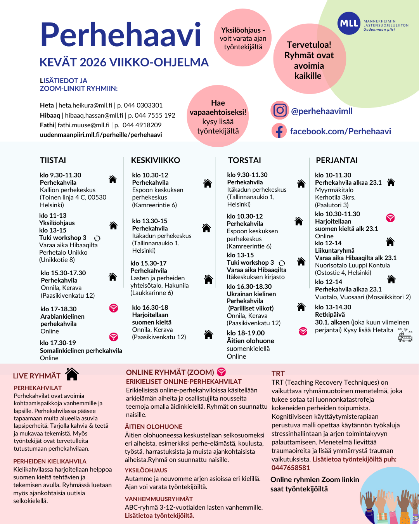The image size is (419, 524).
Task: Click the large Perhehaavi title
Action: tap(121, 35)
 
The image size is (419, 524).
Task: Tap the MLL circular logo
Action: tap(348, 24)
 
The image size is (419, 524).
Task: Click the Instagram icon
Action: tap(280, 110)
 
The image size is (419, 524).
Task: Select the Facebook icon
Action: tap(279, 131)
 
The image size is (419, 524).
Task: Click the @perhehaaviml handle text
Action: tap(322, 111)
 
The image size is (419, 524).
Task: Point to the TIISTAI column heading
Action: tap(53, 160)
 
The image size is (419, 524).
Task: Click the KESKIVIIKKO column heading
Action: tap(156, 160)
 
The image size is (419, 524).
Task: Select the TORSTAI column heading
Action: tap(244, 160)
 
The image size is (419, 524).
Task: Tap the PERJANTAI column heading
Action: tap(337, 160)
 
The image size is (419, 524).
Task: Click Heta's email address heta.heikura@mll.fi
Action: tap(86, 105)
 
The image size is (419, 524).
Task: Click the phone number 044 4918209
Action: tap(142, 125)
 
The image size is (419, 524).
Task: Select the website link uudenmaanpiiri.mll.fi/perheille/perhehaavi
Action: tap(101, 135)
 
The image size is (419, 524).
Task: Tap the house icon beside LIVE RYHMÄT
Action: tap(72, 374)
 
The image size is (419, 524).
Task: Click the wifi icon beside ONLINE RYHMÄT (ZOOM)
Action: tap(221, 372)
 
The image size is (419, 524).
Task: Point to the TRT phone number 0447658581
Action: tap(291, 468)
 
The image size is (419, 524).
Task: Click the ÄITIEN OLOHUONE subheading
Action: tap(154, 427)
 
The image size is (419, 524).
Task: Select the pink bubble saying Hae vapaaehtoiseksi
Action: tap(218, 116)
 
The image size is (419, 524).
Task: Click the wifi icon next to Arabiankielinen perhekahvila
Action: tap(113, 308)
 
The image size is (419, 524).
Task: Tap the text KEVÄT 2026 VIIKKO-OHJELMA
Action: tap(124, 62)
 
